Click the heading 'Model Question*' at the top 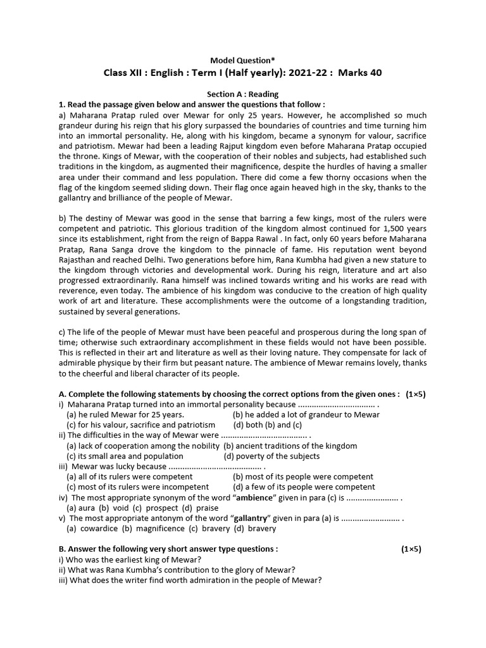tap(243, 59)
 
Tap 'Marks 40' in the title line tap(360, 73)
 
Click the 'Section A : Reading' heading tap(243, 94)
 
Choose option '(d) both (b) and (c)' tap(268, 425)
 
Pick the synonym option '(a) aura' tap(80, 508)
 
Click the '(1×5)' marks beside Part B tap(411, 549)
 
